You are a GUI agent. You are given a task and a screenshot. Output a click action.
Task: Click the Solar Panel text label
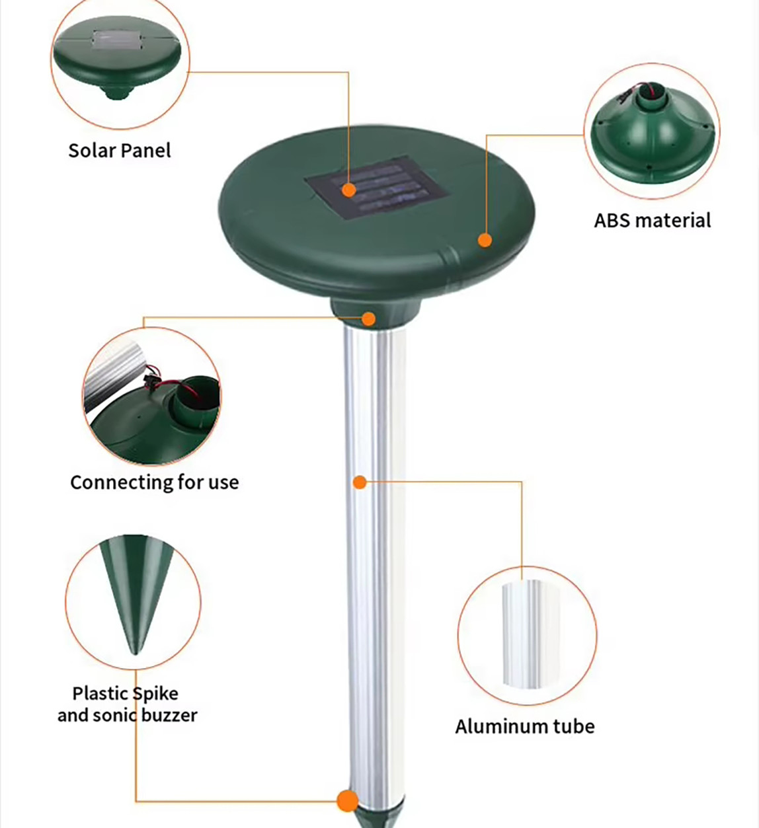(x=120, y=151)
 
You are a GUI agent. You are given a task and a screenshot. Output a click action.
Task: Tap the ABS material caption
(x=652, y=220)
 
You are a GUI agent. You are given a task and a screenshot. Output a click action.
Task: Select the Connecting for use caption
(x=154, y=482)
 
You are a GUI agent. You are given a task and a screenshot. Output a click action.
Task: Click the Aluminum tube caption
(x=525, y=726)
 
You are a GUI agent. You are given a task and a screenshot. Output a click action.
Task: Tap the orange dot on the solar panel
(x=349, y=190)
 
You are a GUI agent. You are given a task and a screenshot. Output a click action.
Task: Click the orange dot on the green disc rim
(x=485, y=240)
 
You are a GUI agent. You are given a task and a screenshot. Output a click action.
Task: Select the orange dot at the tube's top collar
(x=369, y=319)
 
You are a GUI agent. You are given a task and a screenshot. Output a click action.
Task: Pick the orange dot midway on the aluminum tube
(x=360, y=482)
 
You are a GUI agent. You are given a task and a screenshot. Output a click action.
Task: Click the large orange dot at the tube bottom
(x=347, y=801)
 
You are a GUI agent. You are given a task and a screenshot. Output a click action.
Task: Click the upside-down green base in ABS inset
(x=651, y=139)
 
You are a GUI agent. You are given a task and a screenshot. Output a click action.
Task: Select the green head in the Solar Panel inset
(x=119, y=63)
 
